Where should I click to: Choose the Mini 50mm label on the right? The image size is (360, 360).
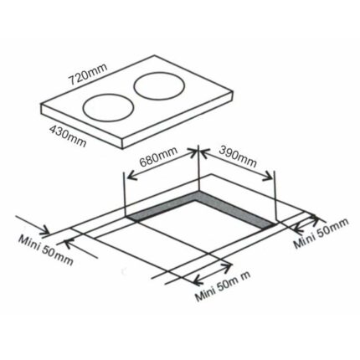click(321, 234)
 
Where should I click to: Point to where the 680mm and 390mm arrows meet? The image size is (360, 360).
click(198, 152)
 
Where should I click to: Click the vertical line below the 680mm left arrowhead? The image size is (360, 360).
click(125, 197)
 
